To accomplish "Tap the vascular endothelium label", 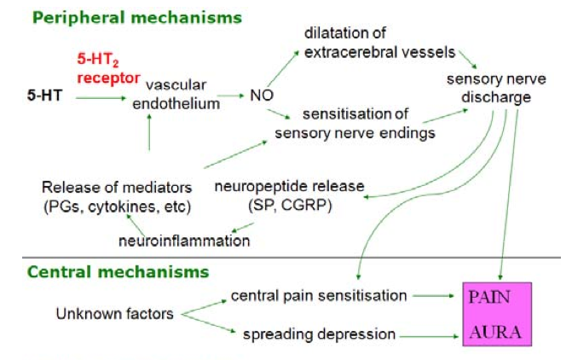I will coord(182,95).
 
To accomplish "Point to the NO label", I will coord(260,97).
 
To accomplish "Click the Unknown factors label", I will coord(114,314).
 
